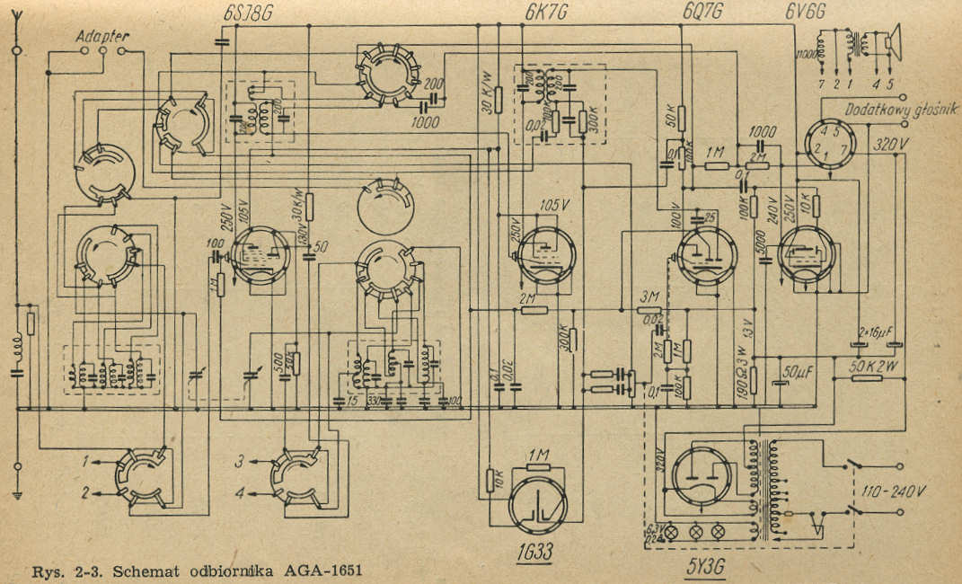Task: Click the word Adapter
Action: click(102, 37)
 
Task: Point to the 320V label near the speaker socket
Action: click(891, 142)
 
